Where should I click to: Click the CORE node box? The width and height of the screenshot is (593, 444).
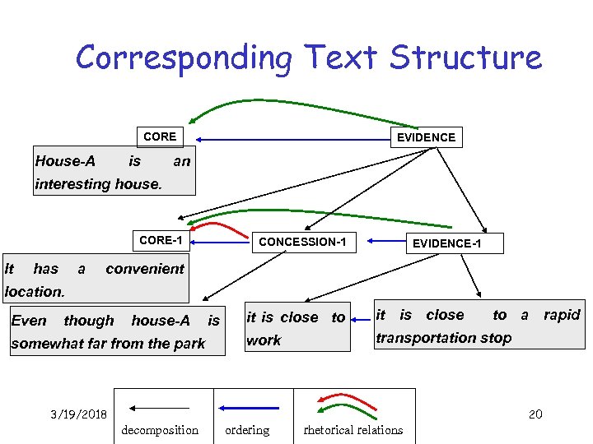(x=159, y=136)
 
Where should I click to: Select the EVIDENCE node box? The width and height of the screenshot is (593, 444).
(x=426, y=137)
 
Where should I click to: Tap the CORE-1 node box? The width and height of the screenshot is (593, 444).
(x=161, y=241)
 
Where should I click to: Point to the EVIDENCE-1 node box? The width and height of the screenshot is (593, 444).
(x=446, y=243)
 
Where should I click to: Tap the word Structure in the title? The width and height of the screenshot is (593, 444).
(x=466, y=58)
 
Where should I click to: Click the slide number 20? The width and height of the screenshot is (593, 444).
(x=535, y=414)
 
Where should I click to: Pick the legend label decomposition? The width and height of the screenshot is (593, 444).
(x=160, y=430)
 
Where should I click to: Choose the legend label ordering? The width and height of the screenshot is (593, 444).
(x=247, y=430)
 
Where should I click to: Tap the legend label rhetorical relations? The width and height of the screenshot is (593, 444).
(x=353, y=430)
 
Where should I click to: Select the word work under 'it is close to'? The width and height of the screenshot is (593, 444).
(x=264, y=340)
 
